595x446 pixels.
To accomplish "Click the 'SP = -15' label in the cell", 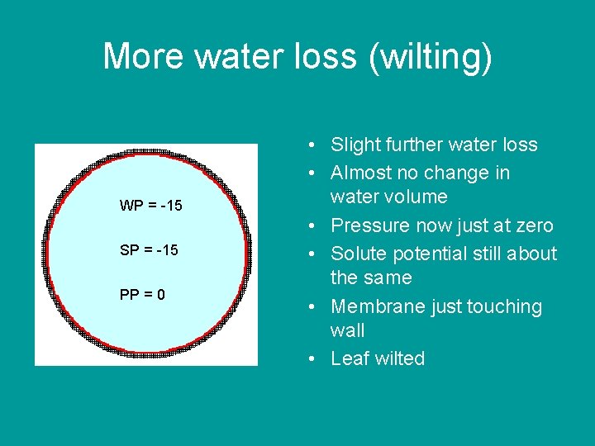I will click(149, 250).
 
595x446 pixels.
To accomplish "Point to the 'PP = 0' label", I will click(142, 295).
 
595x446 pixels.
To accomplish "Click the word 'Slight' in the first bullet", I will click(353, 145).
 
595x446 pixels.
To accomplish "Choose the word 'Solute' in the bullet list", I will click(358, 254).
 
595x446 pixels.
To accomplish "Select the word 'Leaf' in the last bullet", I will click(348, 358).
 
